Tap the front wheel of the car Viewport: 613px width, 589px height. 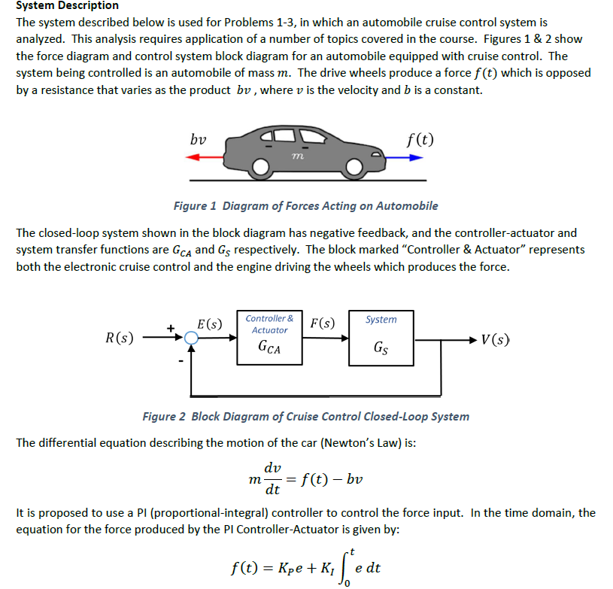[x=356, y=168]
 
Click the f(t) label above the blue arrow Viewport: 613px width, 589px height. [x=419, y=139]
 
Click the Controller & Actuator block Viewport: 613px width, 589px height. [x=269, y=337]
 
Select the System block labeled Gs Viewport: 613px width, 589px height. [x=381, y=337]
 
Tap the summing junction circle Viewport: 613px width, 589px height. [x=192, y=339]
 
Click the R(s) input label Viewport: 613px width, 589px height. [x=120, y=338]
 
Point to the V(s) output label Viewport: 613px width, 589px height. [x=496, y=338]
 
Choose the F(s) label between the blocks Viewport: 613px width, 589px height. [x=323, y=324]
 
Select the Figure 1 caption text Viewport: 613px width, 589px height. [x=305, y=205]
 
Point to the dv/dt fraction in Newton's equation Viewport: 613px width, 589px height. [x=274, y=478]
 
